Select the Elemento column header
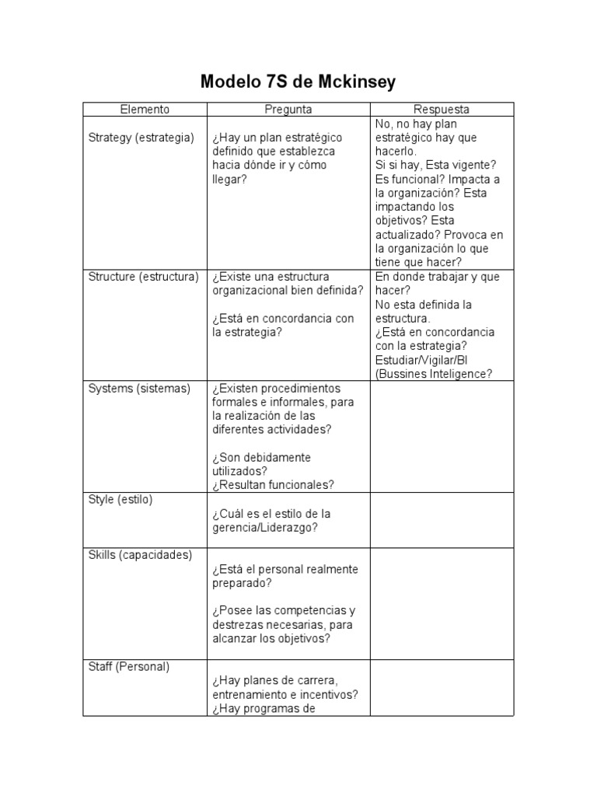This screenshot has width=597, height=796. pyautogui.click(x=145, y=110)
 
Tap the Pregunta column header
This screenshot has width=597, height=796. pyautogui.click(x=288, y=110)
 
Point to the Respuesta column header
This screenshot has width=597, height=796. pyautogui.click(x=441, y=110)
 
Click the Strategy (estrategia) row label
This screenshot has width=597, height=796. pyautogui.click(x=141, y=138)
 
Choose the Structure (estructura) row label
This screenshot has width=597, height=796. pyautogui.click(x=144, y=277)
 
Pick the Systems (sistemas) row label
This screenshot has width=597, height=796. pyautogui.click(x=139, y=388)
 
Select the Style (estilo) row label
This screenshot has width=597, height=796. pyautogui.click(x=120, y=499)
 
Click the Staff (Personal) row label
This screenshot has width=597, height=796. pyautogui.click(x=129, y=666)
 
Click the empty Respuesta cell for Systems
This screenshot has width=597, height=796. pyautogui.click(x=442, y=436)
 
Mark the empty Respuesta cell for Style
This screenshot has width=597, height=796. pyautogui.click(x=442, y=520)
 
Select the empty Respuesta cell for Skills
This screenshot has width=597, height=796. pyautogui.click(x=442, y=603)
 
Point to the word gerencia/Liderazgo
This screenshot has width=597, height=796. pyautogui.click(x=265, y=528)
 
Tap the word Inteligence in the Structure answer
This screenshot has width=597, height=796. pyautogui.click(x=459, y=374)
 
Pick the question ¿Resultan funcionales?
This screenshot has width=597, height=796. pyautogui.click(x=273, y=484)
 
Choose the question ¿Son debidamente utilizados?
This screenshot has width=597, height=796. pyautogui.click(x=261, y=463)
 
